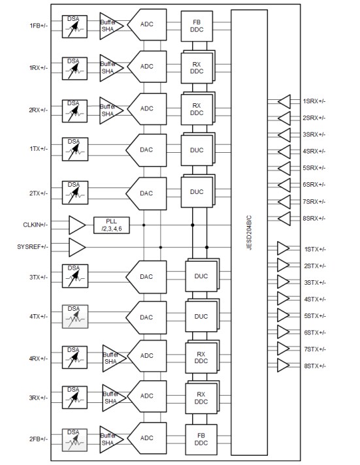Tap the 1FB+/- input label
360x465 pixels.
(x=39, y=25)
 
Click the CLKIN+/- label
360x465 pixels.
(x=35, y=225)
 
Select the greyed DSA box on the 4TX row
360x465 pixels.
(x=75, y=316)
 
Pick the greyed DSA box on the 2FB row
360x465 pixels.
(x=75, y=438)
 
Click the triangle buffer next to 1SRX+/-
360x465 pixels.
(x=284, y=101)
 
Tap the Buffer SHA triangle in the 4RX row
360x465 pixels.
(x=113, y=356)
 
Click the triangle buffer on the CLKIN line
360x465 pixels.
(x=77, y=225)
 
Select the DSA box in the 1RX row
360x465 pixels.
(x=75, y=66)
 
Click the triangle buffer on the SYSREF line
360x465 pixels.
(x=77, y=248)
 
